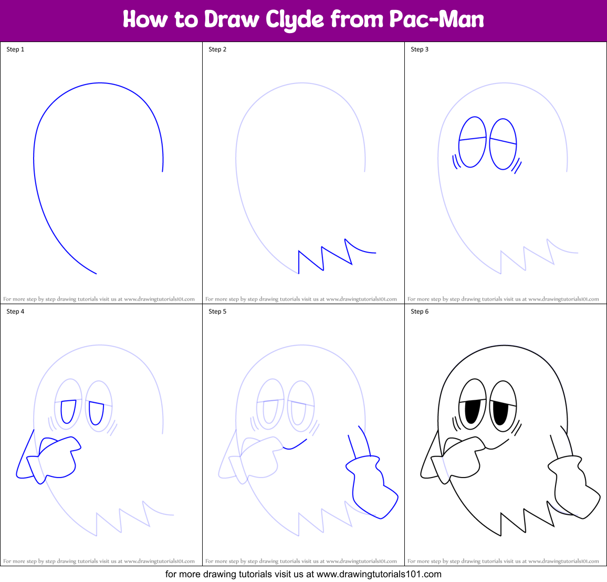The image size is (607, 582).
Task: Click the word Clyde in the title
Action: (x=295, y=20)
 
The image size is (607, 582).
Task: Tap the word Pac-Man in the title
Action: (x=436, y=20)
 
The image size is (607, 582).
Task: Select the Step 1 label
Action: (x=15, y=49)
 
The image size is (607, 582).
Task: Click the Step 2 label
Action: (x=217, y=49)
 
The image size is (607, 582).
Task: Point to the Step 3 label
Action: (x=420, y=49)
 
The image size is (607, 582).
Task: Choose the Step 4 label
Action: (x=15, y=311)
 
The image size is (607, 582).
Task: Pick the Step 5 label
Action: (x=217, y=311)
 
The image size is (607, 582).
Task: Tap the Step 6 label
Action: (x=420, y=311)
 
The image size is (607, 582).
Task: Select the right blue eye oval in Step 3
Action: (x=503, y=144)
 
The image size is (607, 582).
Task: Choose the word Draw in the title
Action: (x=232, y=20)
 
